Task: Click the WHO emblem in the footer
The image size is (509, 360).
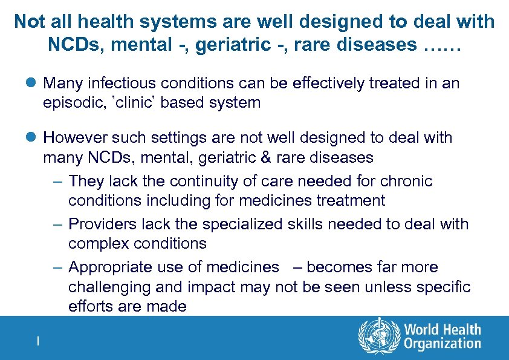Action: (379, 336)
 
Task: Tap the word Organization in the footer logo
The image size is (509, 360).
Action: (443, 344)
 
